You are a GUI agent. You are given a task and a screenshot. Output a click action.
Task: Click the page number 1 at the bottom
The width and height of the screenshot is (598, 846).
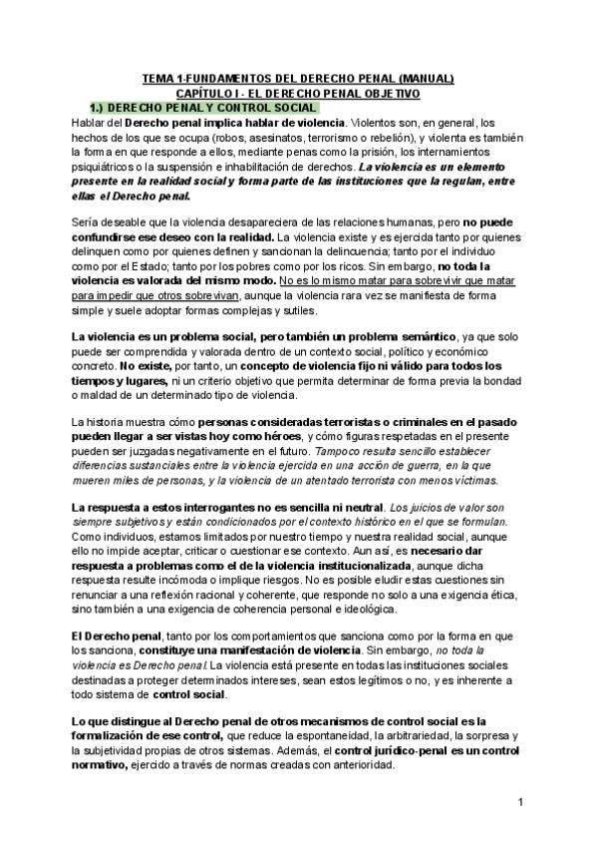pyautogui.click(x=521, y=802)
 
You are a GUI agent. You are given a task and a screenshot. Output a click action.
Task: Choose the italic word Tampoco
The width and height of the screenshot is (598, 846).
pyautogui.click(x=339, y=452)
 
